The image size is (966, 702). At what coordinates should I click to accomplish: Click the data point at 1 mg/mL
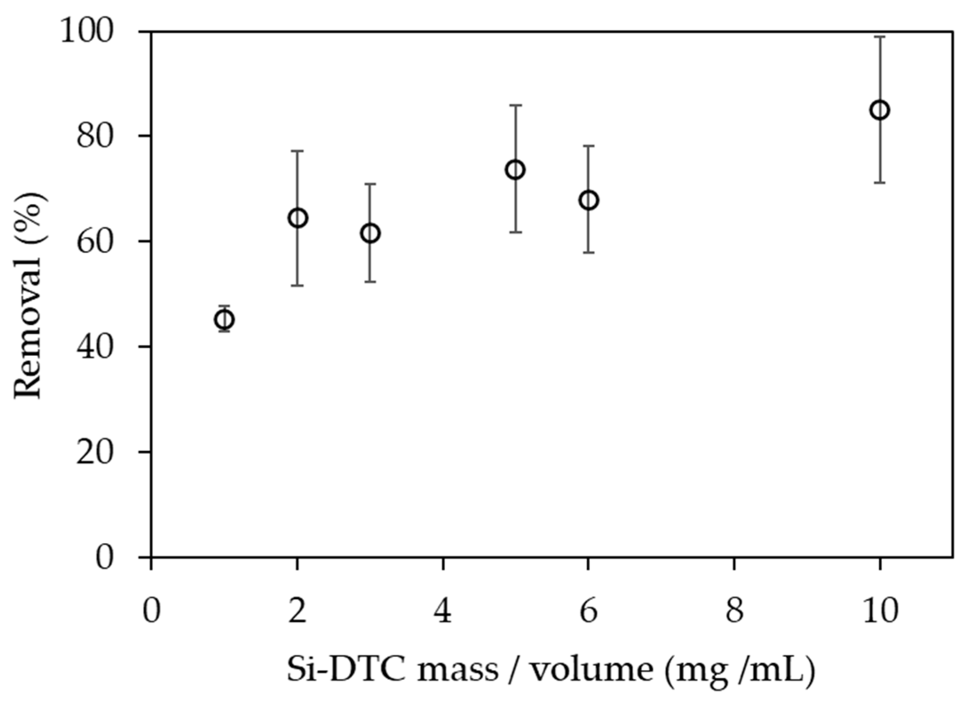pos(224,319)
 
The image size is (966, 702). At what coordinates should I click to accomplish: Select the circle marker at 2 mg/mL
pos(298,218)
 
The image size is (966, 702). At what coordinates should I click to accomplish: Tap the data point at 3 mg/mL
pos(371,233)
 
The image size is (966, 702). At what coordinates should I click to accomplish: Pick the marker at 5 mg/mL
pos(516,170)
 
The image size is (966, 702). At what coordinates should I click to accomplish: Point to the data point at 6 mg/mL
pos(588,200)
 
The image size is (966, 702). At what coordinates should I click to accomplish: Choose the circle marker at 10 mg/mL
pos(880,110)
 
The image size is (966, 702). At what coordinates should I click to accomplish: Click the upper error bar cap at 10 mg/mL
pos(880,37)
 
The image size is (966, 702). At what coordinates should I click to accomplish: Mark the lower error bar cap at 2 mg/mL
pos(297,285)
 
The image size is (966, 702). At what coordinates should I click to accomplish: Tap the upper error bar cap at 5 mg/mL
pos(516,105)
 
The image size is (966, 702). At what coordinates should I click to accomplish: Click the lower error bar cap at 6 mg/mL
pos(588,252)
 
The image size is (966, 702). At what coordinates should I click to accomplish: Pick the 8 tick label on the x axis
pos(734,612)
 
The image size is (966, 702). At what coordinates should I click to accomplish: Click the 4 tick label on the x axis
pos(443,612)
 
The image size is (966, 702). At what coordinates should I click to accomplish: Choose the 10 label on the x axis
pos(880,612)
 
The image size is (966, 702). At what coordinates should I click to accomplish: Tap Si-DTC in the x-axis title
pos(346,669)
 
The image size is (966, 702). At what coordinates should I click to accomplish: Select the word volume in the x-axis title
pos(592,669)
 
